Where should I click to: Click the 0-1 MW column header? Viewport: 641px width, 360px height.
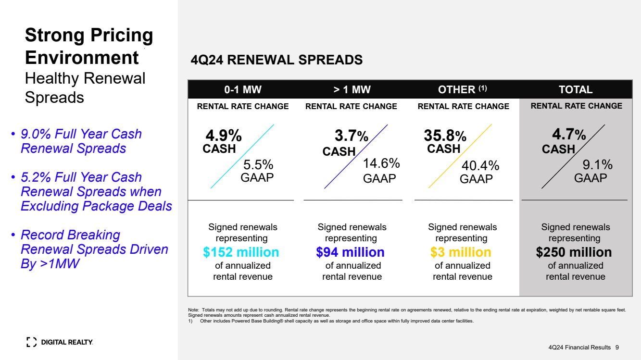coord(243,89)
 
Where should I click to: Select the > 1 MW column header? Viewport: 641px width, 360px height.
coord(352,89)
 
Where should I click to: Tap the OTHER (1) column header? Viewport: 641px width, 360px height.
coord(462,89)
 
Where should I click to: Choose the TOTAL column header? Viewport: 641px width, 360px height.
coord(576,89)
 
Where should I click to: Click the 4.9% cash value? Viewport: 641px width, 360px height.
coord(224,135)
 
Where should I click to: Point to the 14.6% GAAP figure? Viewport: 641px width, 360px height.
coord(381,163)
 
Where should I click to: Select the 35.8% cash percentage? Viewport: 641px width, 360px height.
coord(445,135)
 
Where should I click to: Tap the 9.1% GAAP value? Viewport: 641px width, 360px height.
coord(598,164)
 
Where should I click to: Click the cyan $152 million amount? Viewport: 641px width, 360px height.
coord(241,252)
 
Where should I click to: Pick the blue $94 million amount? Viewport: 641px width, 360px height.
coord(350,252)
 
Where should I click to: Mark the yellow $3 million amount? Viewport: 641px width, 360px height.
coord(461,252)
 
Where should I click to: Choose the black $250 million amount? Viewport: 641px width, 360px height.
coord(574,252)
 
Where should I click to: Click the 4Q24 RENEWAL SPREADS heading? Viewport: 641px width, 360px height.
coord(277,60)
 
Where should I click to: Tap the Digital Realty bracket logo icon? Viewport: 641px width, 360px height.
coord(31,342)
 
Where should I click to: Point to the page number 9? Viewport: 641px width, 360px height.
coord(617,348)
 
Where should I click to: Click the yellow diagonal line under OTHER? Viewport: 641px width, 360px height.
coord(460,156)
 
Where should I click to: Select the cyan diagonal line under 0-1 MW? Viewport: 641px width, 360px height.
coord(242,156)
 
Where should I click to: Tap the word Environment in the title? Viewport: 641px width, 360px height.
coord(82,58)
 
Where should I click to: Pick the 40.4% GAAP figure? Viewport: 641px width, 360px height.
coord(480,165)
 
